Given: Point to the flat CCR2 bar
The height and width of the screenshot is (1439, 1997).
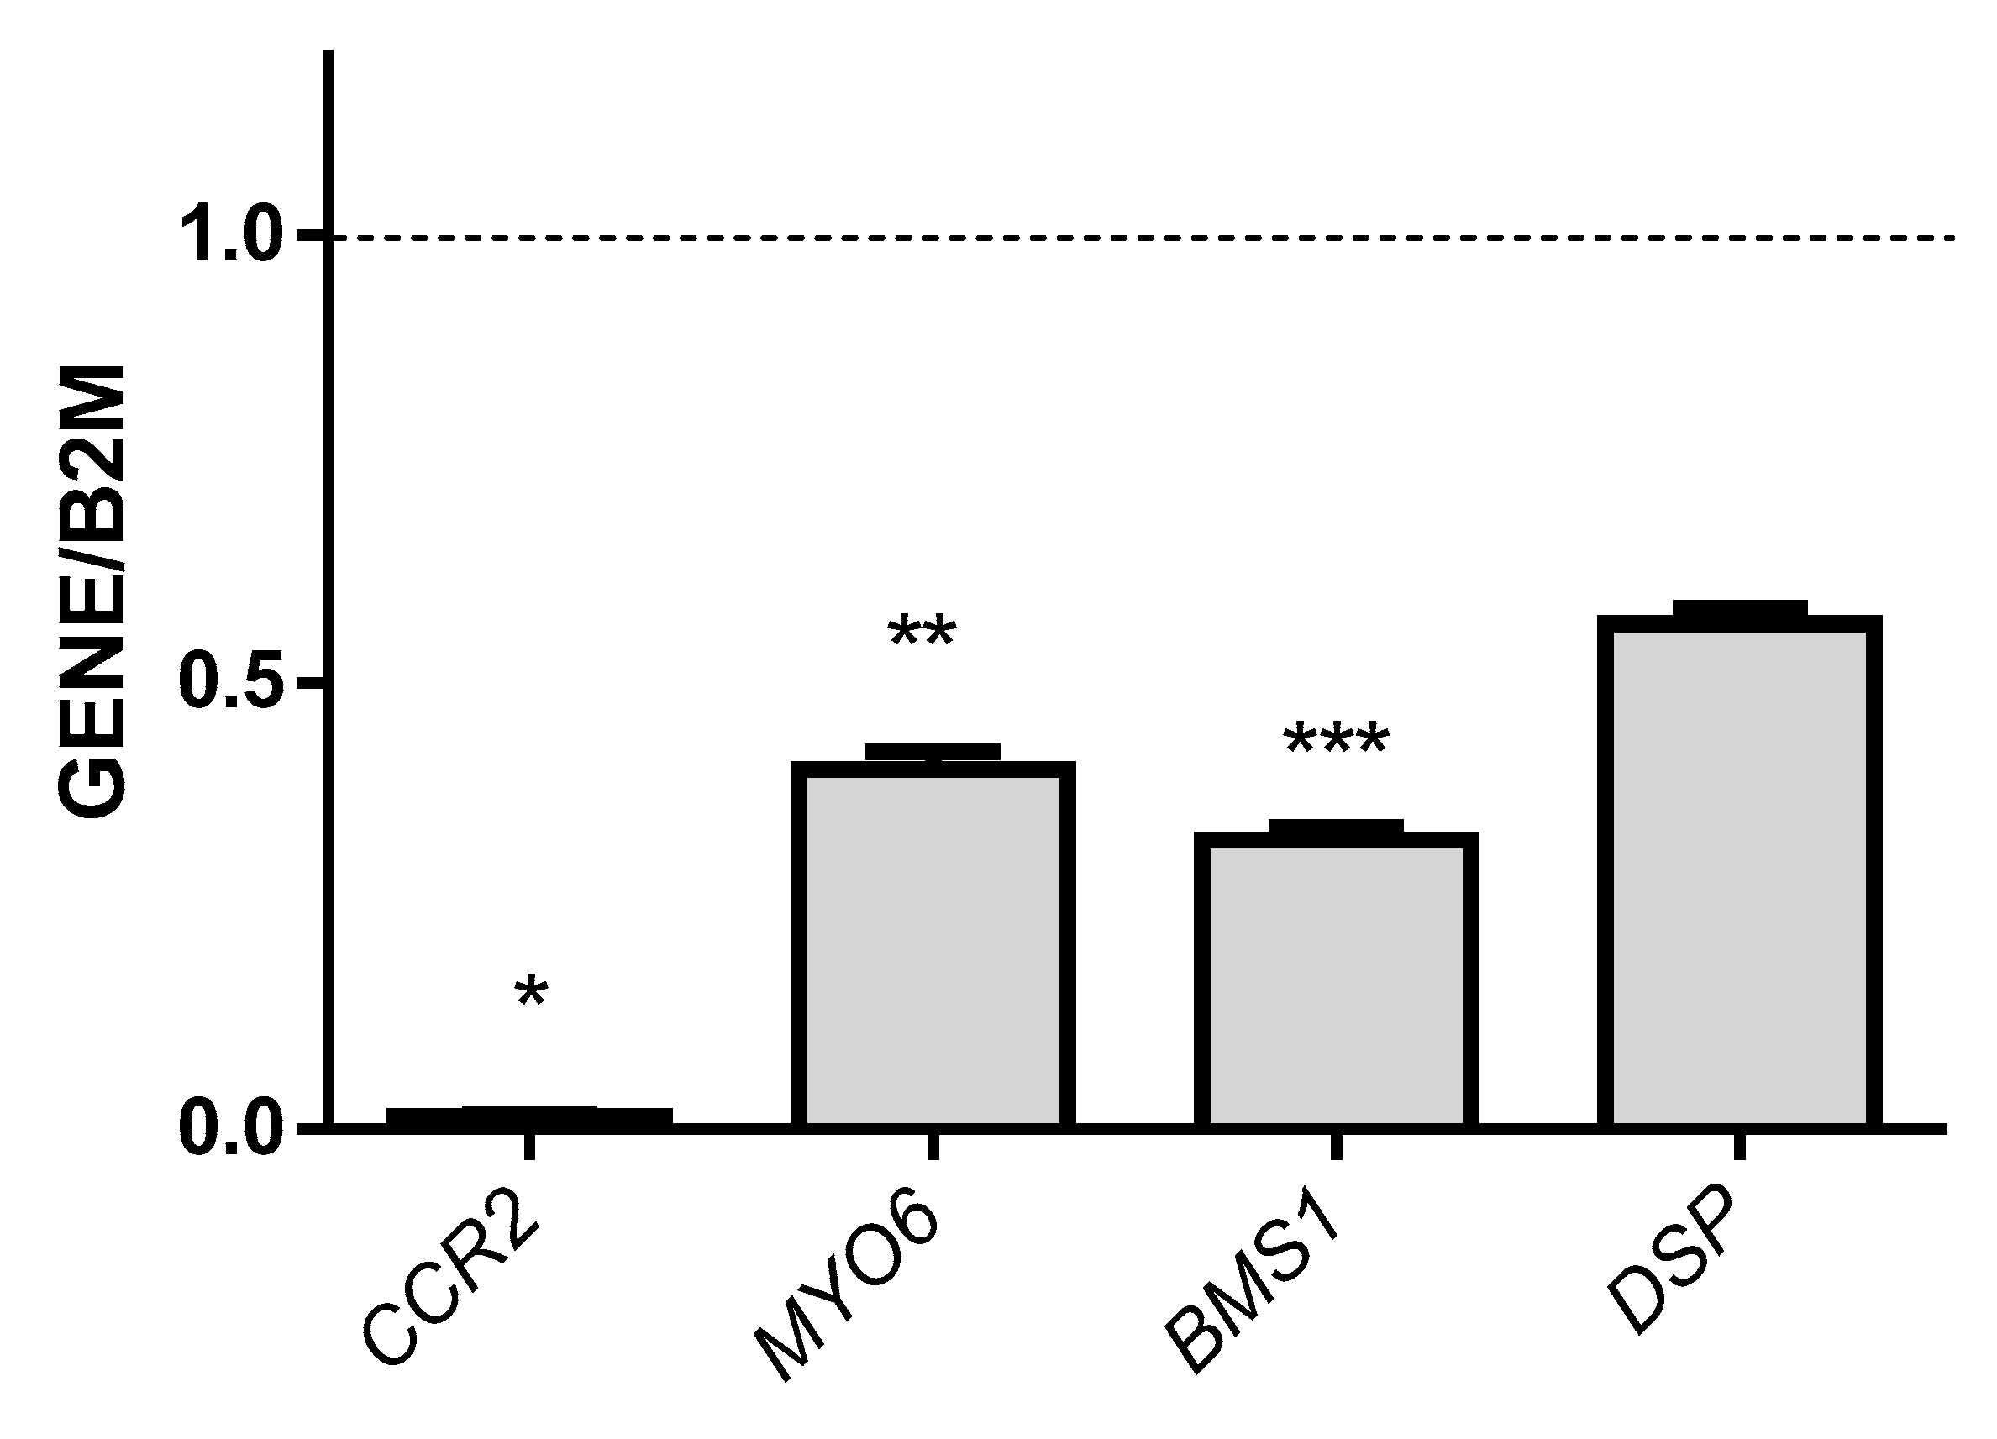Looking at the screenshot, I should click(529, 1116).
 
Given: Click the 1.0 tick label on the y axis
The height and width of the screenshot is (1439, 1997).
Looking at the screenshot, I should click(234, 237).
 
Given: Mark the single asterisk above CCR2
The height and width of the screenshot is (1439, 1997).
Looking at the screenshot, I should click(531, 995).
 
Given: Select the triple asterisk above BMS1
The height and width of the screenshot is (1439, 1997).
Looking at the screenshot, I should click(1336, 740).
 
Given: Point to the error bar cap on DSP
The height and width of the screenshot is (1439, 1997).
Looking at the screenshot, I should click(1739, 607).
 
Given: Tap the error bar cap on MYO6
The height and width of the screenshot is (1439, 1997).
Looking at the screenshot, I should click(933, 752).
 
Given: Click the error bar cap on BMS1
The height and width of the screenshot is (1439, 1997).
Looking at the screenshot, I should click(1336, 826).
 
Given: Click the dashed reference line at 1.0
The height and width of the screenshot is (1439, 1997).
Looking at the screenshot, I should click(1144, 238).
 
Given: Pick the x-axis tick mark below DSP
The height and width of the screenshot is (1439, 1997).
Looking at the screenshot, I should click(1739, 1147).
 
